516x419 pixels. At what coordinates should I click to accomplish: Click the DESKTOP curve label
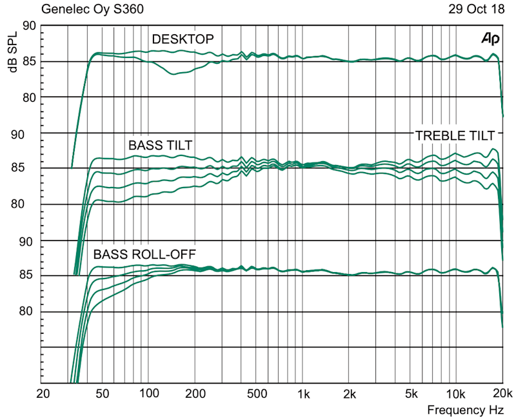(183, 40)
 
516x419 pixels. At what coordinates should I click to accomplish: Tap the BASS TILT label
(160, 145)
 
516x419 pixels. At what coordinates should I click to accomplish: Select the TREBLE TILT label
(455, 136)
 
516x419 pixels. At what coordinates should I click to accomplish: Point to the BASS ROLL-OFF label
(144, 254)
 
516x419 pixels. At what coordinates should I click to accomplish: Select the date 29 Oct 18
(473, 10)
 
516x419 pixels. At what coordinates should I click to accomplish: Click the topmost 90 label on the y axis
(28, 26)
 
